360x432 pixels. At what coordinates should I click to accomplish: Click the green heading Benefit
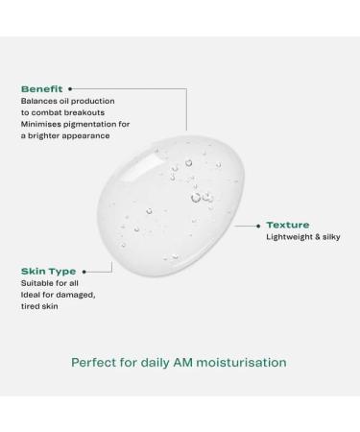(x=42, y=88)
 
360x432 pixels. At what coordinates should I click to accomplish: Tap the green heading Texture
(x=288, y=224)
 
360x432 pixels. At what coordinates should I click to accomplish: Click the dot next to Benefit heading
(x=70, y=88)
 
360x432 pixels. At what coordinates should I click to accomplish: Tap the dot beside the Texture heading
(x=259, y=224)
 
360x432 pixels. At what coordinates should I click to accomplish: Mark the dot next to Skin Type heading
(x=85, y=272)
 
